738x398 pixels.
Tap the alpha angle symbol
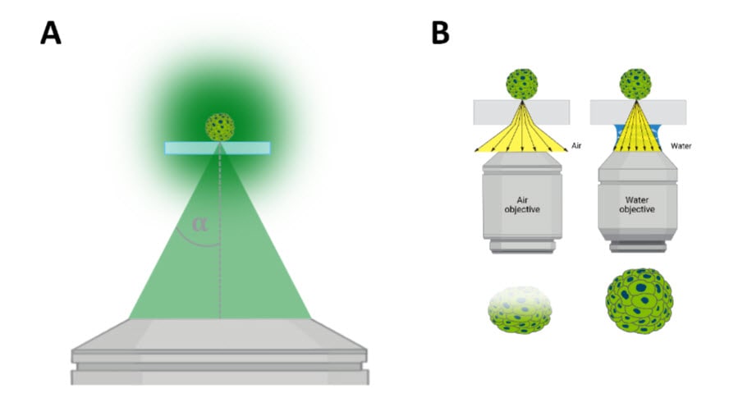[199, 223]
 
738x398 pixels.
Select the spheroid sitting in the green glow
[219, 126]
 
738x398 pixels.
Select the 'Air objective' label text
[520, 204]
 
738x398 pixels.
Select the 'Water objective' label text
[635, 204]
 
